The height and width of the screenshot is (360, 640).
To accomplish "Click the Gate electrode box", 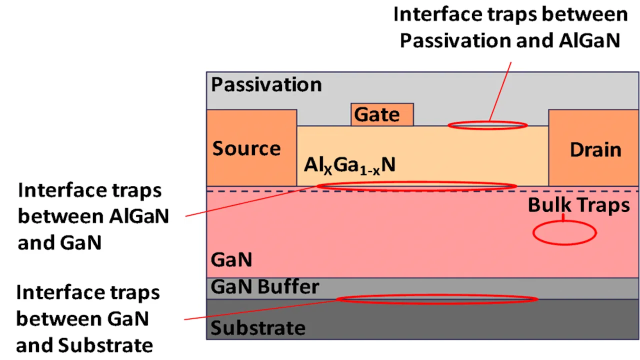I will (382, 114).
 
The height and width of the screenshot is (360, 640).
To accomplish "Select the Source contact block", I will (251, 148).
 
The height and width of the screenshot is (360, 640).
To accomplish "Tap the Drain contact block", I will (594, 148).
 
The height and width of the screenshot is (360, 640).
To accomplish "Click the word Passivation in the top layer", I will (266, 84).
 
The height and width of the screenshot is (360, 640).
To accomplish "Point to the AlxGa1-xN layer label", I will (349, 165).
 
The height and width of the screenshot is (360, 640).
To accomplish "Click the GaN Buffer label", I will (265, 287).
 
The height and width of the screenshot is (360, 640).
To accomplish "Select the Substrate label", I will (258, 328).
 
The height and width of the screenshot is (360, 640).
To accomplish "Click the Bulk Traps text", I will (578, 205).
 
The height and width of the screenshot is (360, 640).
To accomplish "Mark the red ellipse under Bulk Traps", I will (564, 233).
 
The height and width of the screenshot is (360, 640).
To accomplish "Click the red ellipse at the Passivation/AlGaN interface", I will (487, 125).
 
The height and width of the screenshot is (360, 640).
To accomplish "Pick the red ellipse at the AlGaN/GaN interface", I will (416, 186).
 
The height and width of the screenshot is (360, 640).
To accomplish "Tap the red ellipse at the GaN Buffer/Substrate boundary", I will (436, 299).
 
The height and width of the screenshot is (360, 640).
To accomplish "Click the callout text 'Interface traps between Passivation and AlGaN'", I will (510, 27).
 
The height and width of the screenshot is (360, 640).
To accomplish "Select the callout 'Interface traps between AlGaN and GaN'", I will (93, 216).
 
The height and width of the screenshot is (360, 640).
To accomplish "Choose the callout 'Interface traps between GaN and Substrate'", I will (87, 318).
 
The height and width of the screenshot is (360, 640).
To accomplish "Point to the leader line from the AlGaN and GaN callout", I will (250, 201).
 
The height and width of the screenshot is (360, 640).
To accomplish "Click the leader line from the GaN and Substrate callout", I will (260, 309).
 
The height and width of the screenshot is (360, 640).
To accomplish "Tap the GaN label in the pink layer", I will (231, 260).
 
